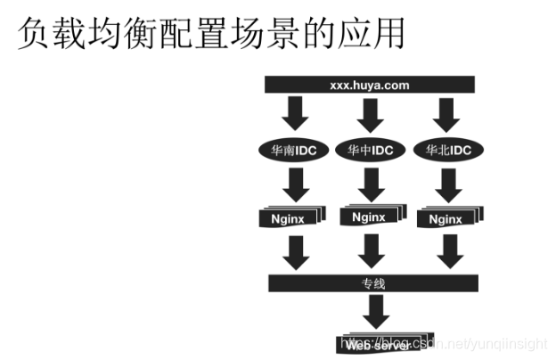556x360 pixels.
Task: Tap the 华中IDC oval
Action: [x=370, y=150]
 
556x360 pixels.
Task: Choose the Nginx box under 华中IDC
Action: [x=369, y=217]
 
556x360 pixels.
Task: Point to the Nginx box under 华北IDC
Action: [x=445, y=217]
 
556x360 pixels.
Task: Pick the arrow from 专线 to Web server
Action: [x=373, y=313]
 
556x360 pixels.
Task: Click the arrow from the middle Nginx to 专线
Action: [x=369, y=252]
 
